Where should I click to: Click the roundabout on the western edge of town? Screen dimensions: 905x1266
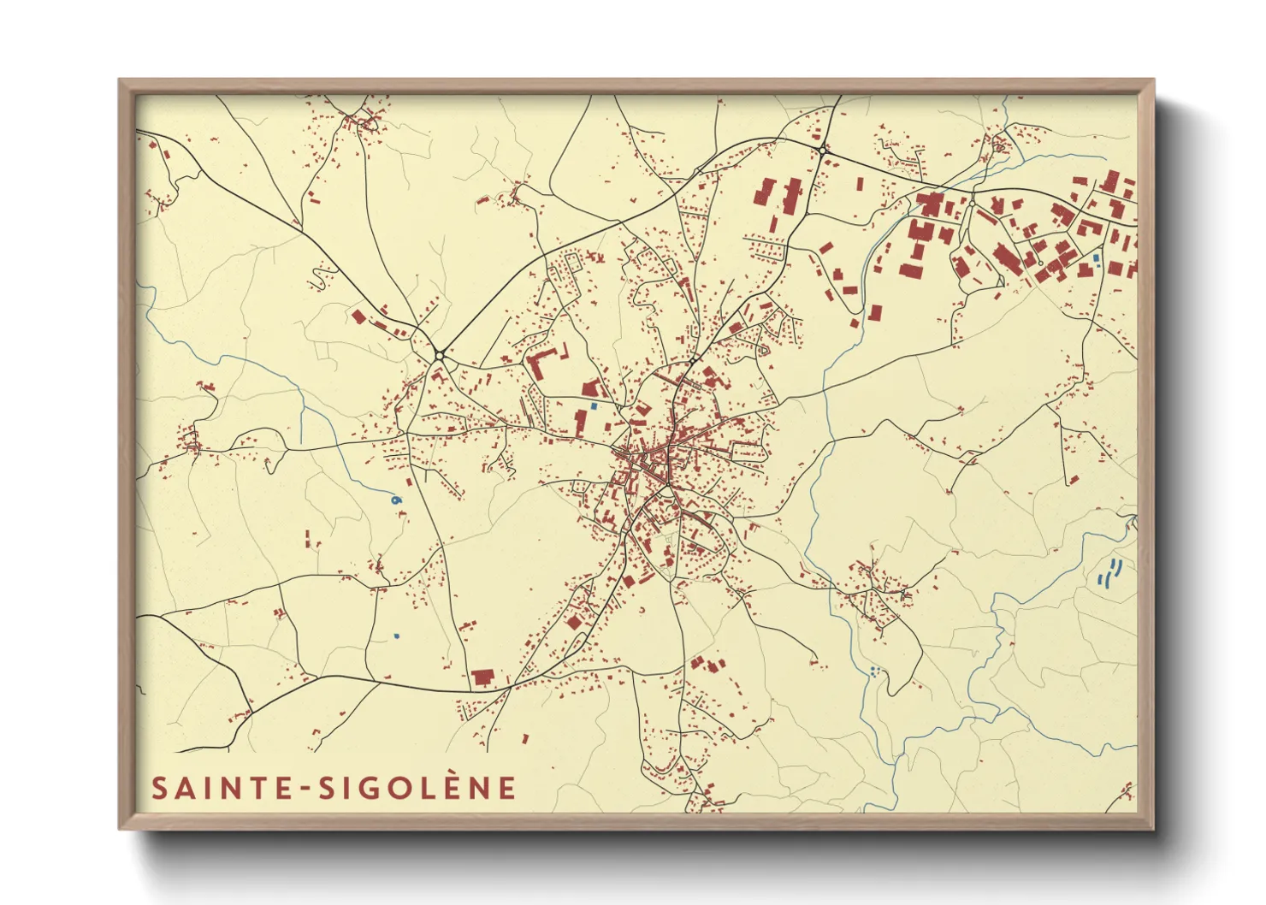[x=439, y=354]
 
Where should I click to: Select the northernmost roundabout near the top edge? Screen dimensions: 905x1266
[x=821, y=151]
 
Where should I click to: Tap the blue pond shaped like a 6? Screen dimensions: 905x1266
[x=394, y=499]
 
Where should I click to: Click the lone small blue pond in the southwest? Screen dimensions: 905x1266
[x=396, y=636]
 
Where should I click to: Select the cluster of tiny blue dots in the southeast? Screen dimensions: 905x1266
[x=873, y=671]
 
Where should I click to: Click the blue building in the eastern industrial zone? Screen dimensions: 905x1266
[x=1096, y=257]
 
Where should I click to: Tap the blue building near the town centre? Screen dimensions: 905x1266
[x=594, y=405]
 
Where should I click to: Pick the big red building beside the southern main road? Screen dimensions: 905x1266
[x=483, y=678]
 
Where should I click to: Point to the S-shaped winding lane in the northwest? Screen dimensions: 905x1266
[x=323, y=275]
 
